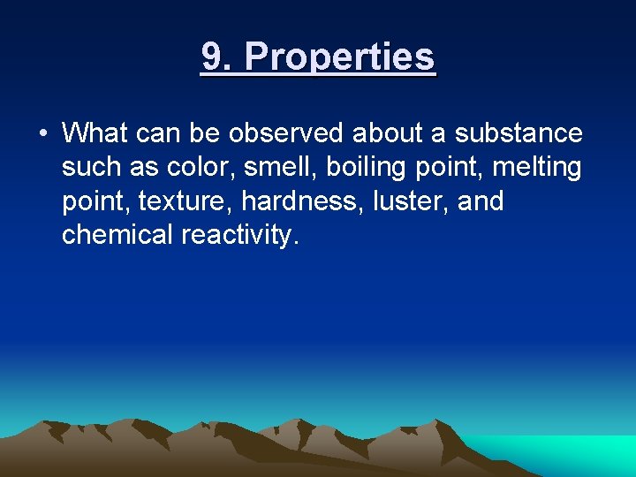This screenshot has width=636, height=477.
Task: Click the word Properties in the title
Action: tap(339, 57)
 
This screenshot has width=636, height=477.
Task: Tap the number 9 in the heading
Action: tap(211, 57)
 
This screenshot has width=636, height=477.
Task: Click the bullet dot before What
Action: tap(42, 134)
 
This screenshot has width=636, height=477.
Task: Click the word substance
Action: tap(519, 133)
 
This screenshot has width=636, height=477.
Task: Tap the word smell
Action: tap(271, 168)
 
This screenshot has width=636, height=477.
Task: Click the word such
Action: tap(91, 168)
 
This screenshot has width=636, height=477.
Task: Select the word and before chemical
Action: tap(481, 201)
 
